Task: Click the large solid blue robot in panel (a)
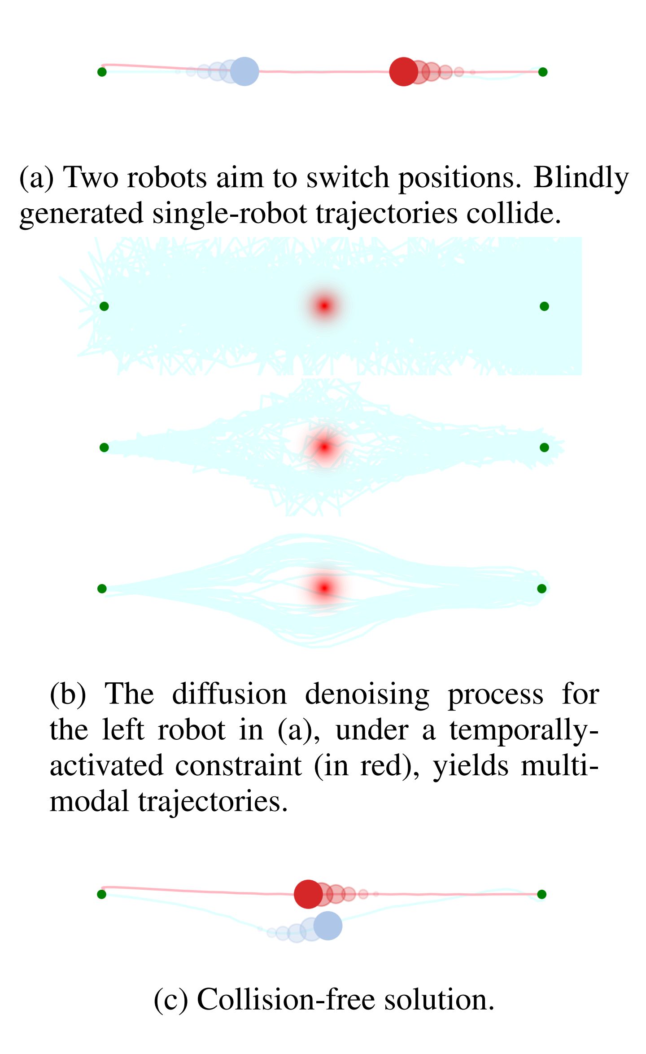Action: [244, 71]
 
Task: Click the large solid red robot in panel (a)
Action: [403, 71]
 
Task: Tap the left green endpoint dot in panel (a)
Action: [102, 72]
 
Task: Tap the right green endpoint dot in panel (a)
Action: [543, 72]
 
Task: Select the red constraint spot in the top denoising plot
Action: [324, 306]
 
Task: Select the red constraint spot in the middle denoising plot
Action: [324, 447]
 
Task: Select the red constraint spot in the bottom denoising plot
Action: [324, 588]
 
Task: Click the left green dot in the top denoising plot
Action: [104, 306]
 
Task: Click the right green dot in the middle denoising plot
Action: [544, 447]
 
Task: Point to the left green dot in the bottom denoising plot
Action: [102, 588]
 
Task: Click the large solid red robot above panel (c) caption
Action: [308, 894]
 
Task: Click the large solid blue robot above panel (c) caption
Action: [328, 926]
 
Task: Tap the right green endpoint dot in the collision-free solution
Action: [542, 894]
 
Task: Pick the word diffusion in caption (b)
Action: [229, 694]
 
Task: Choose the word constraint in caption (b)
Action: [238, 766]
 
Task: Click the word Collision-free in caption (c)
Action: [286, 1000]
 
